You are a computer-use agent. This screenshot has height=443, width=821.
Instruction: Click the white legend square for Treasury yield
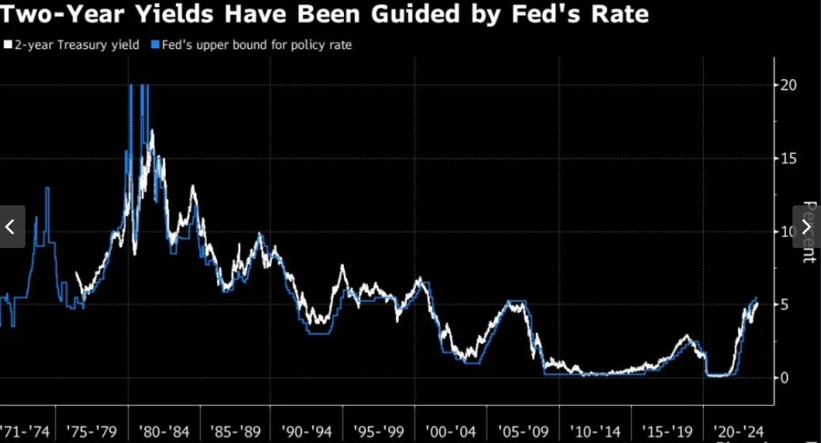click(x=7, y=45)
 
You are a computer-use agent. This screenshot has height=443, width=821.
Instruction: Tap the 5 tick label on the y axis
click(x=785, y=304)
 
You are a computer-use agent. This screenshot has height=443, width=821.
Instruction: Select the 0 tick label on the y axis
click(x=785, y=377)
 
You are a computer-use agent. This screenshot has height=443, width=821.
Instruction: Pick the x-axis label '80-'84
click(x=166, y=433)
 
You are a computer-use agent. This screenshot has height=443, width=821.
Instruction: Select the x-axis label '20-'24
click(x=738, y=433)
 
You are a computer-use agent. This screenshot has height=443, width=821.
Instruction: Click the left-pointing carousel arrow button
click(x=12, y=227)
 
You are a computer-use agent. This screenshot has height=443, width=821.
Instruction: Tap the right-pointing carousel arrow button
click(x=807, y=227)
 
